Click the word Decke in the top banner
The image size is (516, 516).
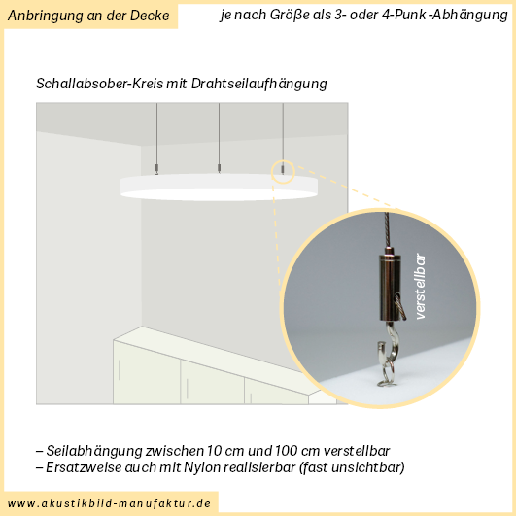point(150,16)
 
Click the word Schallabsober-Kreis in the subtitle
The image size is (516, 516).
point(99,84)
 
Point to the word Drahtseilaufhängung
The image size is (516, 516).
point(259,84)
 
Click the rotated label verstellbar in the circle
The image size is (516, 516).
point(421,286)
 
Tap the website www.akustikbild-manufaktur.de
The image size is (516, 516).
point(109,503)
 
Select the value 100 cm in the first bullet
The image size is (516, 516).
point(297,451)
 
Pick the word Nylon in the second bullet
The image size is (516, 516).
point(198,467)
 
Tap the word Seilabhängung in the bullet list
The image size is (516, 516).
point(94,451)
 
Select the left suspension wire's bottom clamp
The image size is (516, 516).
point(156,169)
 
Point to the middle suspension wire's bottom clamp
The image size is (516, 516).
point(220,168)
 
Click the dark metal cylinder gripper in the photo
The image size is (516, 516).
point(389,287)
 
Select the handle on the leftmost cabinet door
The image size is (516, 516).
point(120,370)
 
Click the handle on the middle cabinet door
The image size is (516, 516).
point(188,389)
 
